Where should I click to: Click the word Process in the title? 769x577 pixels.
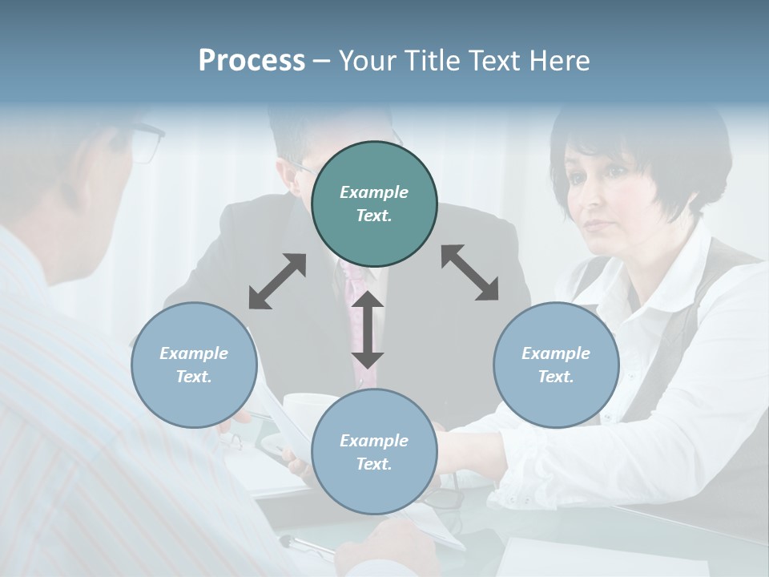[x=252, y=61]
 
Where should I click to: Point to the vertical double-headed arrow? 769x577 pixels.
[x=368, y=329]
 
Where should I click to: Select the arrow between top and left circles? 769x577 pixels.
[x=277, y=281]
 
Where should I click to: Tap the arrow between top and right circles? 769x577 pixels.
[x=469, y=272]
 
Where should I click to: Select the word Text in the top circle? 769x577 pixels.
[x=373, y=216]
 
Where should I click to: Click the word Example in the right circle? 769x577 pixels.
[x=556, y=353]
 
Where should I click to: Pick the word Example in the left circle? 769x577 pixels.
[x=194, y=353]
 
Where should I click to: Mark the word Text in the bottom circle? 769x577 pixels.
[x=373, y=464]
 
